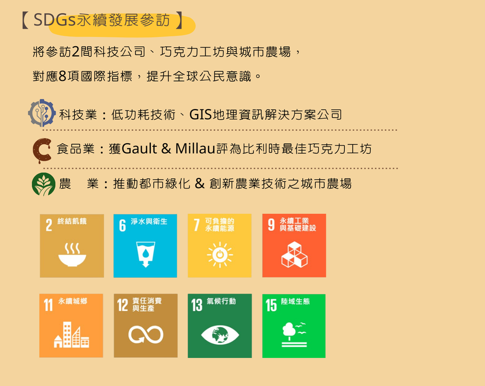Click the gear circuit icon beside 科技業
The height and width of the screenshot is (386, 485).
42,113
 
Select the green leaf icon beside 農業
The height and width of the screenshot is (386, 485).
44,184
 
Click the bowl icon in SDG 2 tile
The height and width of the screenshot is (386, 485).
72,254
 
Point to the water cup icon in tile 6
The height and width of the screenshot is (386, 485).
146,254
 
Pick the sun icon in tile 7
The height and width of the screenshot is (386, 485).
220,255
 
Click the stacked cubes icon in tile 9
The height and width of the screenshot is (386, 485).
294,254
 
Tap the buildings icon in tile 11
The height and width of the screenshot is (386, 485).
71,335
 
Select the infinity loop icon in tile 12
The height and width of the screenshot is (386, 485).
146,334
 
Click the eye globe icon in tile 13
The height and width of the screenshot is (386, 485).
220,335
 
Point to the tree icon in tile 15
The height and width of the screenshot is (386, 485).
294,334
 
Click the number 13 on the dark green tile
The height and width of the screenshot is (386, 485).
197,305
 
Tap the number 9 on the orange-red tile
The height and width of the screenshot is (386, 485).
271,225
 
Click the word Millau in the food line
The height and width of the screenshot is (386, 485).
195,148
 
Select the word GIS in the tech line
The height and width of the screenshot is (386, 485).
201,115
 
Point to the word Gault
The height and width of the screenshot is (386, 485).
140,148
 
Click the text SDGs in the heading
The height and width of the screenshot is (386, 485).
54,20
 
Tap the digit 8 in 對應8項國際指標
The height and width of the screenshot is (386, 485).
62,76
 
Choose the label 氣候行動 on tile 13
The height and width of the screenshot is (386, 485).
221,301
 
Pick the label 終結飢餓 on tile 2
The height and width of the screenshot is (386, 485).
72,221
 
